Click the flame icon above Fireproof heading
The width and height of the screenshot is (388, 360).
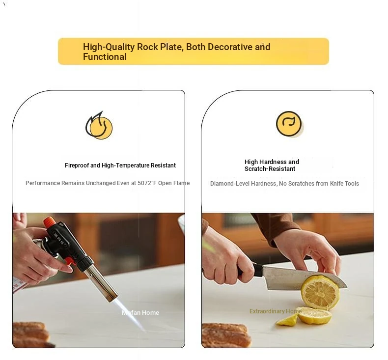coord(99,125)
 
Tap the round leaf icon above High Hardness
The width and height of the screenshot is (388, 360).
coord(289,124)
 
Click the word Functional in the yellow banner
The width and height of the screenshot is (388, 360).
coord(105,57)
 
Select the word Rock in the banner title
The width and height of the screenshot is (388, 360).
coord(148,47)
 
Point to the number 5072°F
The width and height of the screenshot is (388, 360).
coord(147,183)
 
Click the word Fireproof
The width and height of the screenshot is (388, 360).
coord(77,166)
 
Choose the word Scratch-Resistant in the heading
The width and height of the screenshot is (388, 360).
coord(270,169)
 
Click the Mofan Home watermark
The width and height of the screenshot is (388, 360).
coord(140,313)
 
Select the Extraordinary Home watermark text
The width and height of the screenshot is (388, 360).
coord(276,311)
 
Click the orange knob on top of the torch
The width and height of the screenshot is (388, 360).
coord(49,222)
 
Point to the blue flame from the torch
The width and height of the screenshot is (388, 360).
coord(130,314)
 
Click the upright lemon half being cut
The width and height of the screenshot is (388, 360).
coord(320,292)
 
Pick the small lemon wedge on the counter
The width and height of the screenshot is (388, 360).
coord(287,320)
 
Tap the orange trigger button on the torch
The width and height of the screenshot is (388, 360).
coord(70,261)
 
